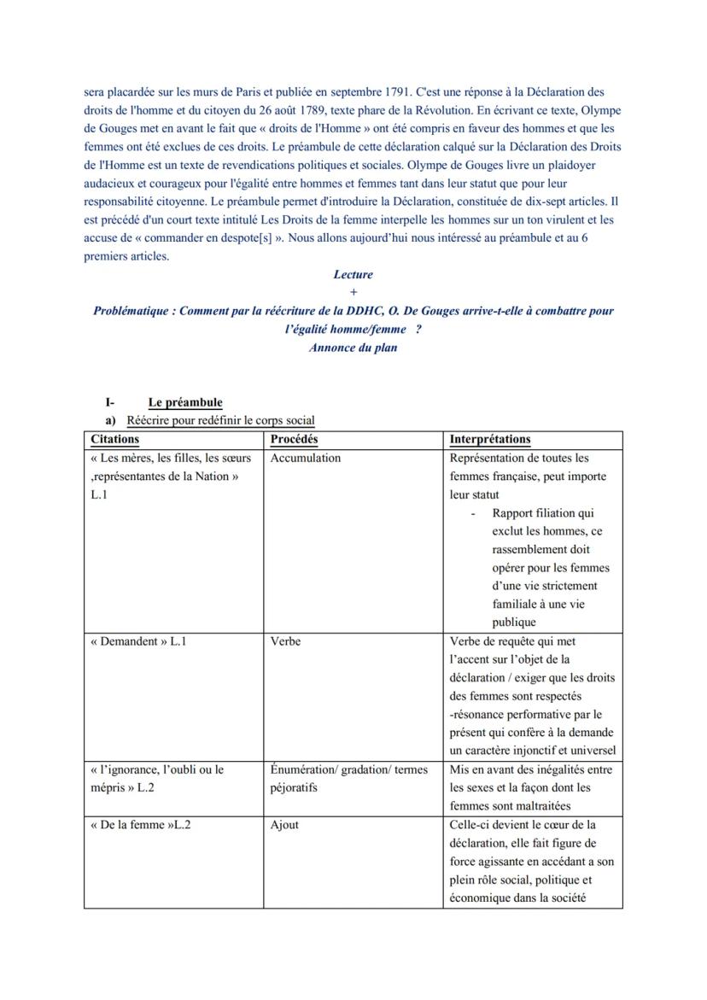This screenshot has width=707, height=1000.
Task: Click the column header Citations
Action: point(114,439)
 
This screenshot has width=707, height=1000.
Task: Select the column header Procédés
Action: point(294,439)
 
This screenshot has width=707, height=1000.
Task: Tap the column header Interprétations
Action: point(489,439)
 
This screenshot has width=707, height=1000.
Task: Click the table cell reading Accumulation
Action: point(305,458)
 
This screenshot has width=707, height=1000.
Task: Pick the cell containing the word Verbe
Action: point(285,640)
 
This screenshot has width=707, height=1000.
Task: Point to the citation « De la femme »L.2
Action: point(140,825)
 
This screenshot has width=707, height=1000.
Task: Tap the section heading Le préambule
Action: point(184,402)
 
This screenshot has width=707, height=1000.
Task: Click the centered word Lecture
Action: point(353,274)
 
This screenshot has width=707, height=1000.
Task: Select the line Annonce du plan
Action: point(353,348)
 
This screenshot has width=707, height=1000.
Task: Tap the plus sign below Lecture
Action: point(353,292)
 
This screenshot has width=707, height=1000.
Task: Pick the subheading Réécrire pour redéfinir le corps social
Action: point(220,420)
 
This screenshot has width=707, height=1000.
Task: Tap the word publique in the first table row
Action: point(514,622)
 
